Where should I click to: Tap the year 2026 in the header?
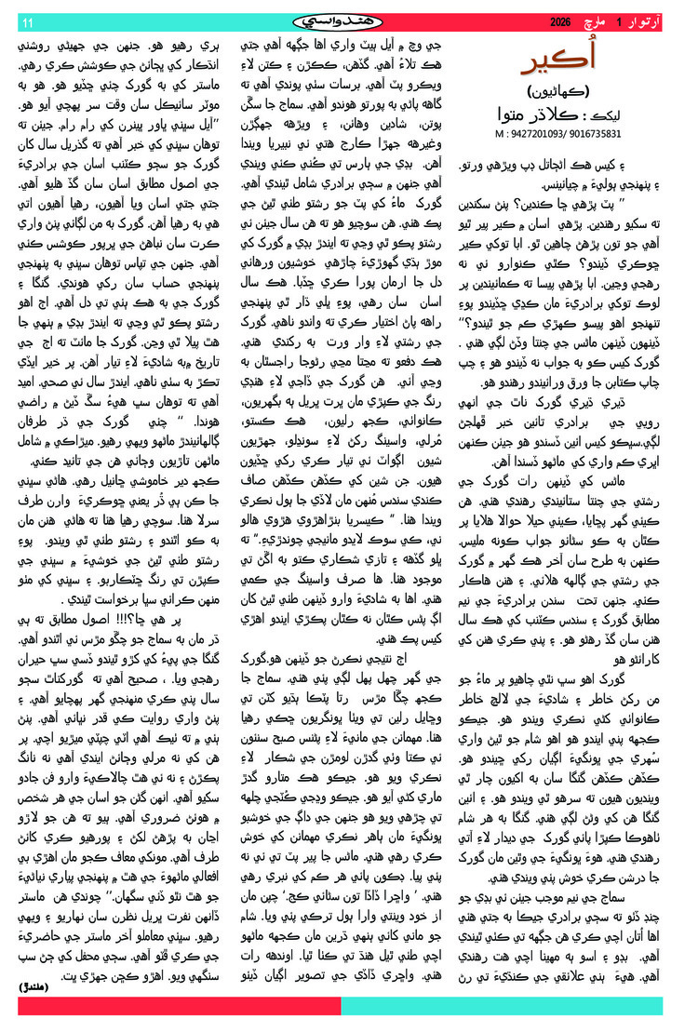561,20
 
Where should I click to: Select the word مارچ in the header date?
607,20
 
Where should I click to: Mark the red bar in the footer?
177,1006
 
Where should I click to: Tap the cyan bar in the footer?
503,1006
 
